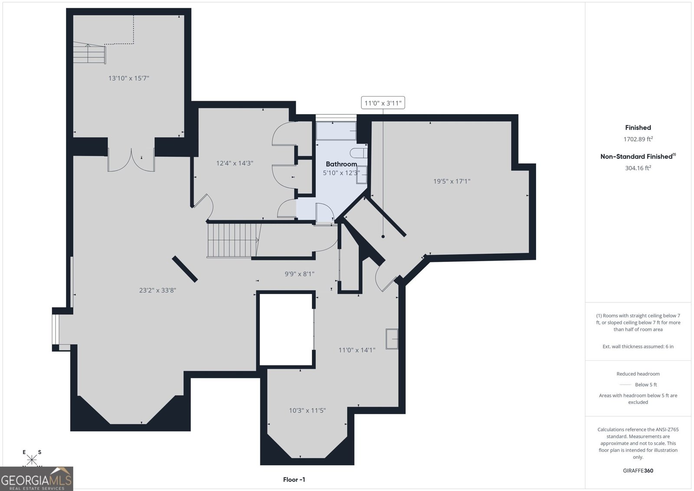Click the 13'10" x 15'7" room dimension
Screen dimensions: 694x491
point(128,78)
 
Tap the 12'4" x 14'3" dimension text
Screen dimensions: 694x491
point(235,163)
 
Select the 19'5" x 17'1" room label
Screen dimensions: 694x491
point(452,181)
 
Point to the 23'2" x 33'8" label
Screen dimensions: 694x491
point(157,290)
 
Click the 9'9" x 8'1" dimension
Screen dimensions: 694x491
point(299,274)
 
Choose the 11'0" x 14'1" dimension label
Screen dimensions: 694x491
point(357,350)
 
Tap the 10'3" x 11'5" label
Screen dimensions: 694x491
point(308,410)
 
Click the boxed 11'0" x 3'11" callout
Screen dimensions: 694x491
point(383,103)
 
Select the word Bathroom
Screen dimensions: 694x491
point(341,164)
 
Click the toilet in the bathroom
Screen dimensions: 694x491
point(359,153)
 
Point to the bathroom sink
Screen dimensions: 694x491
point(362,175)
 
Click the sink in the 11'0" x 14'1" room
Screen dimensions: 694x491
point(392,339)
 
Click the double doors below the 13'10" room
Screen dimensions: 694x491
point(131,160)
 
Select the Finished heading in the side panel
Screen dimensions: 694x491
point(638,128)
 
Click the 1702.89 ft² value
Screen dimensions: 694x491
point(638,139)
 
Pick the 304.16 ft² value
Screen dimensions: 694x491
point(638,168)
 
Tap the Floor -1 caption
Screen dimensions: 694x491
point(294,480)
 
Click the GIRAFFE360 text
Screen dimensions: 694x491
point(638,471)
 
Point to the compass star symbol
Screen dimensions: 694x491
point(32,460)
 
